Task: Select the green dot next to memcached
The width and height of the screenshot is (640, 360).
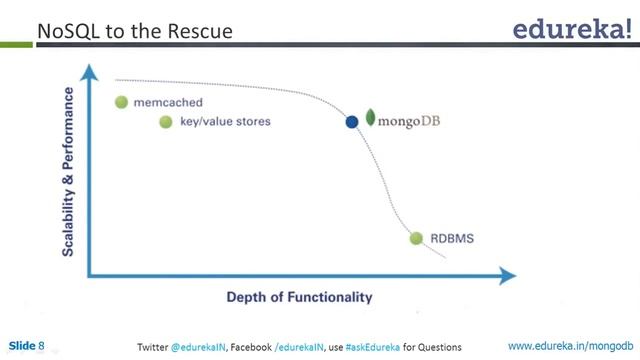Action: (x=122, y=102)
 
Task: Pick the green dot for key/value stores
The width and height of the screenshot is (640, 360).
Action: (x=166, y=122)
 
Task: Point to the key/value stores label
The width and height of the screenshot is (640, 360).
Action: (x=227, y=122)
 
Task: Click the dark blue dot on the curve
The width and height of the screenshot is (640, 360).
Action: (x=351, y=122)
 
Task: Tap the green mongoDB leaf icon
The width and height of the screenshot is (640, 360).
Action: (x=370, y=120)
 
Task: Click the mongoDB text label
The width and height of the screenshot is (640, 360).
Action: (x=412, y=121)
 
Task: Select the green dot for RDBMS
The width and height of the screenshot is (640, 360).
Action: (x=416, y=238)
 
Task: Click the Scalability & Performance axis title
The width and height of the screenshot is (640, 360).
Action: (x=68, y=171)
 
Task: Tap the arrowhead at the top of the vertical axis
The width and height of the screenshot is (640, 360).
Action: (x=90, y=71)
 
